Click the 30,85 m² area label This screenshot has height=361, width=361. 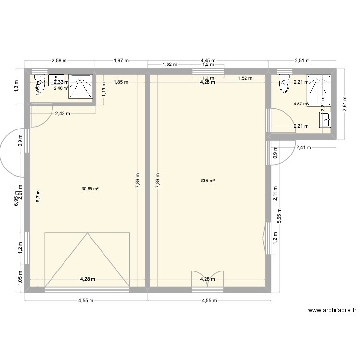90,189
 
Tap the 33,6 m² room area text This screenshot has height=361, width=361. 207,181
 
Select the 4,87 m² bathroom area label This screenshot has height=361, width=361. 301,103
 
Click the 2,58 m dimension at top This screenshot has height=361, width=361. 59,61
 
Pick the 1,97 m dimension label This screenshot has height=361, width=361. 121,61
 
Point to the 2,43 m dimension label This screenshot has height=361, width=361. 63,114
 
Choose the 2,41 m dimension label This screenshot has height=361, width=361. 304,148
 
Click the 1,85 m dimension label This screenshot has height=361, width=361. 121,82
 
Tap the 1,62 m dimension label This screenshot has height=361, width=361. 170,64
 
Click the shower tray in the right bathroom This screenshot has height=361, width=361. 319,90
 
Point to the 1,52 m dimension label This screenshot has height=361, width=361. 245,78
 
